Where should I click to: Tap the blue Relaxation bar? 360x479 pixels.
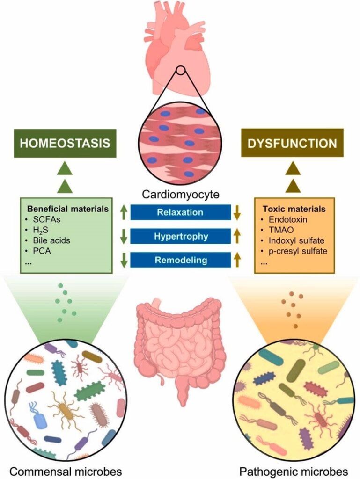180,212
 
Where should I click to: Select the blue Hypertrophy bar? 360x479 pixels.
180,237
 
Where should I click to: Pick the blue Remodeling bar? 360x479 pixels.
180,260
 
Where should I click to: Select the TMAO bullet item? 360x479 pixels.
279,231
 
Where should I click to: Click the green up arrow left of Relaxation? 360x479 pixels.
123,213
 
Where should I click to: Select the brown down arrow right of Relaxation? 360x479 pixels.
237,213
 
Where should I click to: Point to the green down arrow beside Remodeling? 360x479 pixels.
123,260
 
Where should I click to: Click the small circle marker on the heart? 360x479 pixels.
180,73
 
